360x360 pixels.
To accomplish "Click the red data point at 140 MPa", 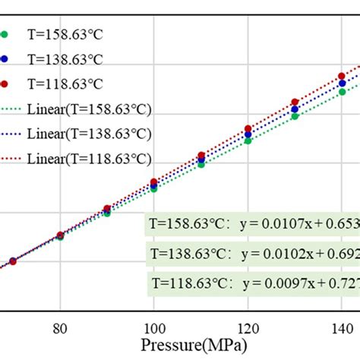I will coord(342,77).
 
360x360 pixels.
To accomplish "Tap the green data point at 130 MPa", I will coord(295,116).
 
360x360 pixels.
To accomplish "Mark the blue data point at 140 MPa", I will coord(342,84).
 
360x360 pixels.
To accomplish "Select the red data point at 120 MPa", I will coord(248,129).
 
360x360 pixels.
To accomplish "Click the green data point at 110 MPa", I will coord(201,164).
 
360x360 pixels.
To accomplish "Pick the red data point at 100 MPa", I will coord(154,182).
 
